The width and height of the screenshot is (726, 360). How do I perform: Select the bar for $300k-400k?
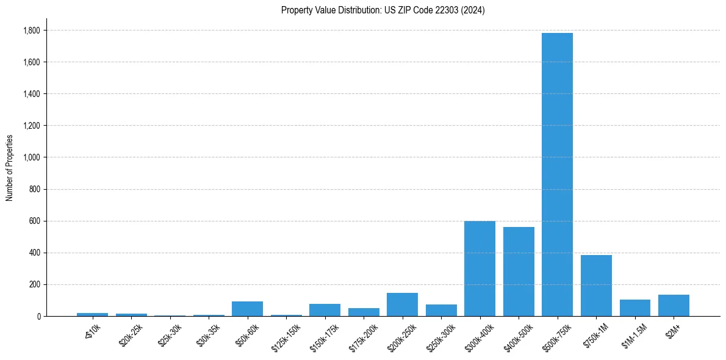point(480,268)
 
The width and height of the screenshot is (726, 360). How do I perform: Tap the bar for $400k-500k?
point(519,272)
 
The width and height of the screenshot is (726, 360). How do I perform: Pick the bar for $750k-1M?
point(596,286)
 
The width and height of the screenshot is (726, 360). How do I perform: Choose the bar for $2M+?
point(674,306)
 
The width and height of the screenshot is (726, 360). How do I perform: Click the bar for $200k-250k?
point(402,304)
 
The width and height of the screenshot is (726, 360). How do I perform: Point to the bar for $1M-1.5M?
point(634,308)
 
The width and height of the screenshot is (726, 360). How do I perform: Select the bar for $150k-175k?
point(325,310)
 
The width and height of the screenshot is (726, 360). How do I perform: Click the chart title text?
point(383,10)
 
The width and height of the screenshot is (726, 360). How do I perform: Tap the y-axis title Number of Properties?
point(10,168)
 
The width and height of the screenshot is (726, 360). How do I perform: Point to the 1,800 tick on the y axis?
point(32,31)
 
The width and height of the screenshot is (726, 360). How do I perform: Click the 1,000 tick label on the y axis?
point(32,157)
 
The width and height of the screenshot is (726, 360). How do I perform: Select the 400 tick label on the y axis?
point(34,253)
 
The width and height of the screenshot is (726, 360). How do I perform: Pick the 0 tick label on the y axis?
point(38,316)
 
